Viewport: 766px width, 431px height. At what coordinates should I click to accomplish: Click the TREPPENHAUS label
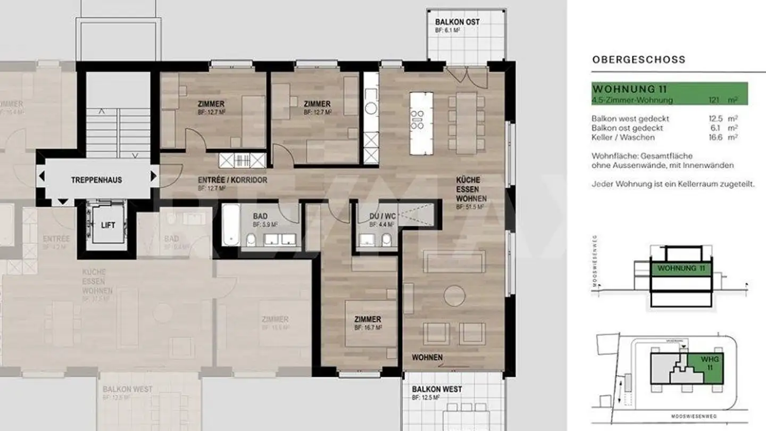coord(96,180)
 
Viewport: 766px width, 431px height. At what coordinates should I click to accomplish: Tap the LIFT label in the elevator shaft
coord(108,225)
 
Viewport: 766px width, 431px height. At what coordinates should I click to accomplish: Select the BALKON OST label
coord(457,22)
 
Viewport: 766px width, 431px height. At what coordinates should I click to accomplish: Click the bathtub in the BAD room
coord(230,225)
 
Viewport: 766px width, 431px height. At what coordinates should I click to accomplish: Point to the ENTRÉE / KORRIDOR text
coord(232,180)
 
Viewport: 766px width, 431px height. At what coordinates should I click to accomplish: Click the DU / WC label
coord(382,217)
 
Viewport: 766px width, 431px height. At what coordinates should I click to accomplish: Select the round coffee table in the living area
coord(454,296)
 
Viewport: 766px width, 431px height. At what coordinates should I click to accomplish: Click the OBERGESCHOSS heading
coord(638,60)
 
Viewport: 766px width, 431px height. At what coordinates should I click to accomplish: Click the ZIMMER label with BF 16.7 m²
coord(368,319)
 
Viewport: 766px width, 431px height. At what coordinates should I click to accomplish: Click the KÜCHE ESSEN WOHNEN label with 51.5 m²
coord(468,189)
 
